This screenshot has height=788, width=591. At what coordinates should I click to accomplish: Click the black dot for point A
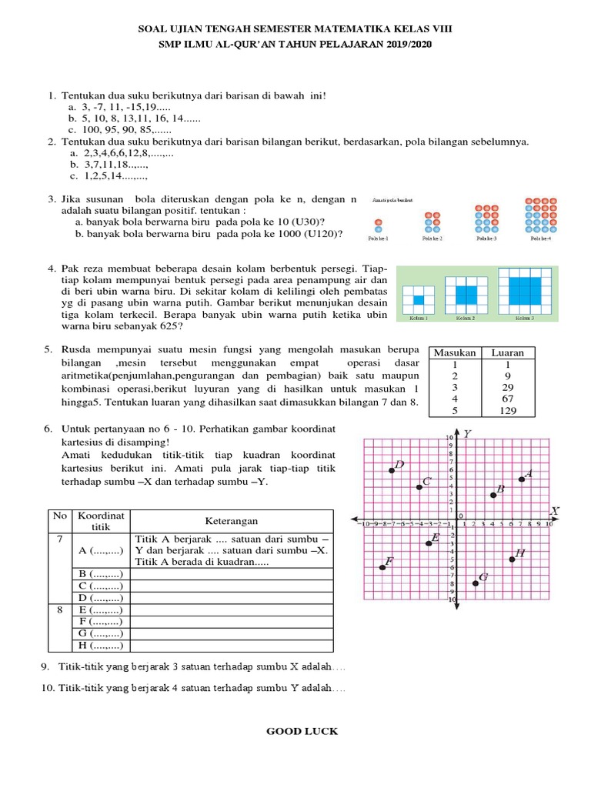pyautogui.click(x=522, y=479)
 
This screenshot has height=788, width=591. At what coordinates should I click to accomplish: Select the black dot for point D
pyautogui.click(x=392, y=470)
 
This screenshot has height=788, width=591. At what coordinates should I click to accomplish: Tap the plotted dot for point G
pyautogui.click(x=476, y=583)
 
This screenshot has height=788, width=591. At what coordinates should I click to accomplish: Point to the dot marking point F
pyautogui.click(x=382, y=567)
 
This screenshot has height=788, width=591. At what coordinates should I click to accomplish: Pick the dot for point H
pyautogui.click(x=512, y=559)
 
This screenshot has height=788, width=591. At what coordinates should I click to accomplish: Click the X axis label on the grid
pyautogui.click(x=555, y=511)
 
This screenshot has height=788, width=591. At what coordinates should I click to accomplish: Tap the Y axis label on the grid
pyautogui.click(x=466, y=434)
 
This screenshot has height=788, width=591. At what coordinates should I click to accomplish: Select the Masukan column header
pyautogui.click(x=455, y=352)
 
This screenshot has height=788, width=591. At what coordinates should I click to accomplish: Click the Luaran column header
pyautogui.click(x=508, y=352)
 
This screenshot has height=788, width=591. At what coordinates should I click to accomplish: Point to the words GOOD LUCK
pyautogui.click(x=302, y=731)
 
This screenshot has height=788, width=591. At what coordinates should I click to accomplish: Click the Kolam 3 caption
pyautogui.click(x=525, y=318)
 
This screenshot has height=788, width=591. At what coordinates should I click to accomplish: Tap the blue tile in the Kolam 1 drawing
pyautogui.click(x=419, y=300)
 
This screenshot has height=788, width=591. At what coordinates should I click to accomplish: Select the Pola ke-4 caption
pyautogui.click(x=540, y=239)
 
